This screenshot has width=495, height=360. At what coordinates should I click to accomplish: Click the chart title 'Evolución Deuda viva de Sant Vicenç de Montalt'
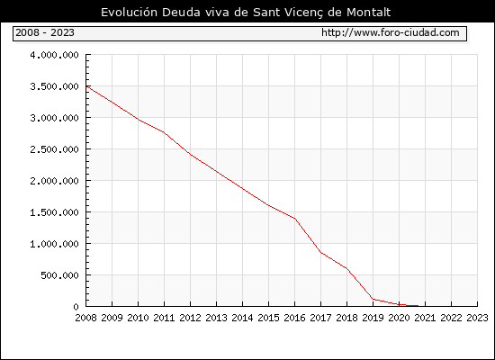tap(246, 13)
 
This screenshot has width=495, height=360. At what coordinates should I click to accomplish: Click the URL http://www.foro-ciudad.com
tap(391, 32)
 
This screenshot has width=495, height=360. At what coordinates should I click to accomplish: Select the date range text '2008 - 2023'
tap(45, 32)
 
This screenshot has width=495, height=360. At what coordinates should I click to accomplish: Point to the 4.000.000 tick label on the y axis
tap(54, 55)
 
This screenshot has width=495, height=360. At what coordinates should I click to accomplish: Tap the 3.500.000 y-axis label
tap(54, 86)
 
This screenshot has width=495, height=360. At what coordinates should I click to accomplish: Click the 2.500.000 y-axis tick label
tap(54, 149)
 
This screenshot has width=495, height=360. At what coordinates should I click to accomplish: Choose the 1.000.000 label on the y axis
tap(54, 244)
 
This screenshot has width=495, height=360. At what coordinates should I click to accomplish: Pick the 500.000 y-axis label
tap(59, 275)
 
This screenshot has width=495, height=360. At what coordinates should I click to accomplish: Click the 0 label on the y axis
tap(76, 307)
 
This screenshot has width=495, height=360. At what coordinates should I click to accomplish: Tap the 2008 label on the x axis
tap(85, 318)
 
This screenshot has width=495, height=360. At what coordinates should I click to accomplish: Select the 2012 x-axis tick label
tap(191, 318)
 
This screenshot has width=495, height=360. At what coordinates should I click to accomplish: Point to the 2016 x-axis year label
tap(295, 318)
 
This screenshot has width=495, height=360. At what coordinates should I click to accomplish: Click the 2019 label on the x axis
tap(373, 318)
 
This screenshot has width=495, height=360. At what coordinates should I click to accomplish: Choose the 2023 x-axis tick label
tap(477, 318)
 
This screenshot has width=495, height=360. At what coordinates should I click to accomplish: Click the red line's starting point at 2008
tap(86, 86)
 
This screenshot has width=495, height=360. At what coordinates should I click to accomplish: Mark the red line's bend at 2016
tap(295, 219)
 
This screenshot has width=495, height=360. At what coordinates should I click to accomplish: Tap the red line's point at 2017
tap(321, 253)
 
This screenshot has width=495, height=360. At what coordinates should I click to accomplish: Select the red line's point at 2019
tap(373, 299)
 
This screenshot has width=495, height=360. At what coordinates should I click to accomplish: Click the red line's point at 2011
tap(164, 132)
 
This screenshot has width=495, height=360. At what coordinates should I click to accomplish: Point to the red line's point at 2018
tap(346, 269)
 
